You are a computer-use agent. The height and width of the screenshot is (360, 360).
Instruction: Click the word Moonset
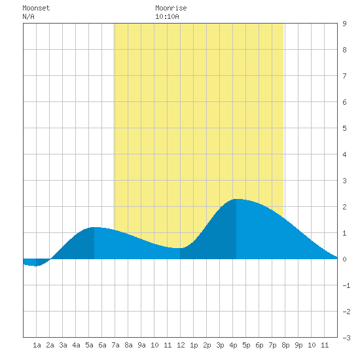(x=36, y=8)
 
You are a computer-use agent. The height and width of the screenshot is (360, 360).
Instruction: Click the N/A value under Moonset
(x=28, y=16)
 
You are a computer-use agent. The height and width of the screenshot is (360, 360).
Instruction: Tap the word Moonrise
(x=171, y=8)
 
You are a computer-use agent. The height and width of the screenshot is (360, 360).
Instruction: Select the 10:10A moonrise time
(x=167, y=16)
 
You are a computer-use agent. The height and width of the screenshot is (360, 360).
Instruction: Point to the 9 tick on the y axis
(x=344, y=24)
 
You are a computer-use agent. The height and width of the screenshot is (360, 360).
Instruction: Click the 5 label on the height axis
(x=344, y=128)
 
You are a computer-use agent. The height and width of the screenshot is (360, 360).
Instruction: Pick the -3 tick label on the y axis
(x=346, y=338)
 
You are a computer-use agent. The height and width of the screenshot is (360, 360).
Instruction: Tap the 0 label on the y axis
(x=344, y=259)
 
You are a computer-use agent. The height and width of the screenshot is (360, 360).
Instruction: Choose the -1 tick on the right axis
(x=346, y=285)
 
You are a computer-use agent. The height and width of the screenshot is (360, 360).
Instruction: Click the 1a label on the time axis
(x=37, y=345)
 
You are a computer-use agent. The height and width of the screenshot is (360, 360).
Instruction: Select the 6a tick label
(x=102, y=345)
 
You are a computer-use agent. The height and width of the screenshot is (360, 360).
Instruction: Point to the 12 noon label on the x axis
(x=181, y=345)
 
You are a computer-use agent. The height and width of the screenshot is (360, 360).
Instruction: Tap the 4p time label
(x=233, y=345)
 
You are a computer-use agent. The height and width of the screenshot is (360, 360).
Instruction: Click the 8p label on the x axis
(x=285, y=345)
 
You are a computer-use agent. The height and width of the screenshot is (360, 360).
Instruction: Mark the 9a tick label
(x=141, y=345)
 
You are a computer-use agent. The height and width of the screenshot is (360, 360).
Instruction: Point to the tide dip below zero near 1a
(x=36, y=266)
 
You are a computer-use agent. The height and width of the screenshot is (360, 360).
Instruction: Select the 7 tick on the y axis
(x=344, y=76)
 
